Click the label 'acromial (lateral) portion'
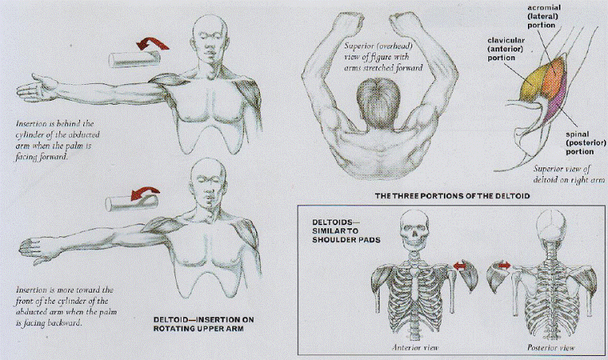pyautogui.click(x=544, y=16)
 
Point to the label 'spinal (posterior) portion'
pyautogui.click(x=586, y=143)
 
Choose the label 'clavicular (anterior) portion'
pyautogui.click(x=506, y=49)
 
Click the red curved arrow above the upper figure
pyautogui.click(x=152, y=44)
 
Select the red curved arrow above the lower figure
pyautogui.click(x=145, y=193)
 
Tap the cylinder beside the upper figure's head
pyautogui.click(x=134, y=59)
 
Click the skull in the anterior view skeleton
pyautogui.click(x=415, y=228)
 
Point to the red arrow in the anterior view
pyautogui.click(x=459, y=266)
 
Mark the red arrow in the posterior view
pyautogui.click(x=504, y=265)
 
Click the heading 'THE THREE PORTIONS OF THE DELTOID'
pyautogui.click(x=452, y=196)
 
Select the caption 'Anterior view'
pyautogui.click(x=415, y=347)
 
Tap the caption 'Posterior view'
pyautogui.click(x=551, y=347)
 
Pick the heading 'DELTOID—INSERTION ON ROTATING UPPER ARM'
pyautogui.click(x=204, y=324)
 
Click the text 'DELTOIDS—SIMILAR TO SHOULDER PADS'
pyautogui.click(x=346, y=232)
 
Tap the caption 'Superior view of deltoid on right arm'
pyautogui.click(x=568, y=174)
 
